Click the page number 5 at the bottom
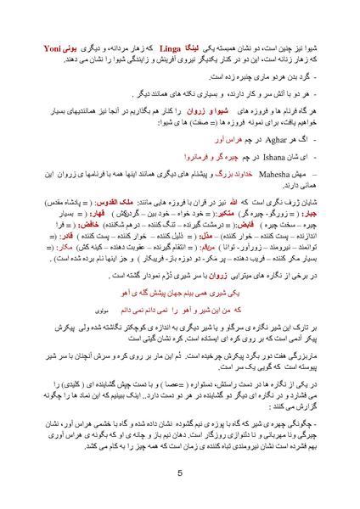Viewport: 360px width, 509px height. (x=179, y=473)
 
